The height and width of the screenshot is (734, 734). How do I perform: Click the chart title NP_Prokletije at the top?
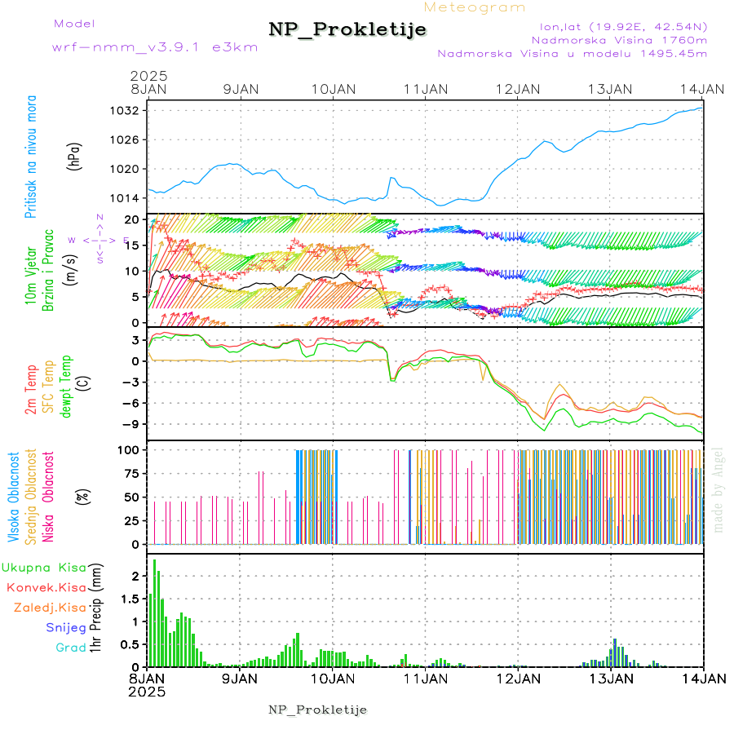[347, 30]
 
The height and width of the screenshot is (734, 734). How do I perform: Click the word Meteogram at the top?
[475, 7]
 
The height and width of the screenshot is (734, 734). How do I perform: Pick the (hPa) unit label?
[75, 155]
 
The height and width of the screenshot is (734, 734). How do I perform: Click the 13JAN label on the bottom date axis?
[611, 678]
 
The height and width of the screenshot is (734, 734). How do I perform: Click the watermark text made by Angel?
[719, 489]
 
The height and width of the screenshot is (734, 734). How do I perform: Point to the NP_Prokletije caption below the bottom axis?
[318, 710]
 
